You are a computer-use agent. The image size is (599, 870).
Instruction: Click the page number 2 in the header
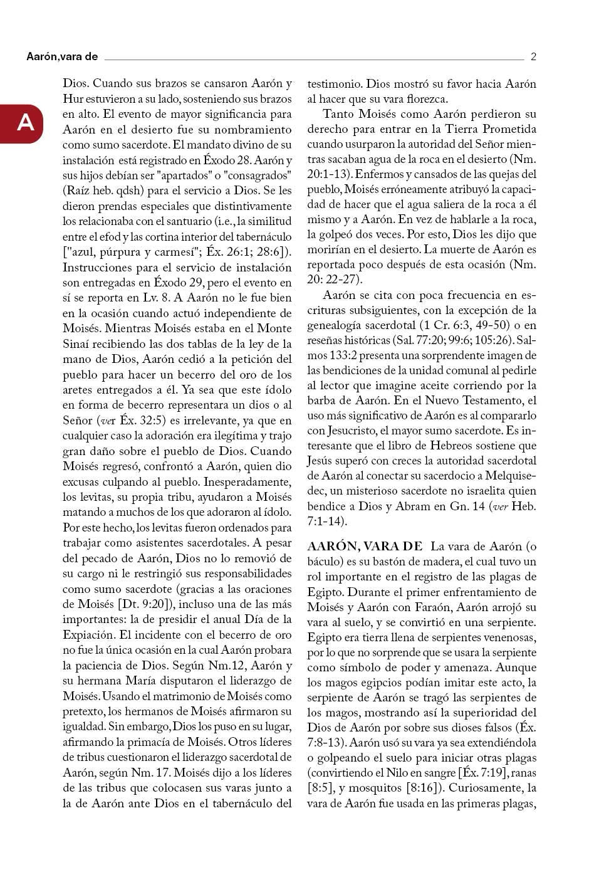click(x=533, y=57)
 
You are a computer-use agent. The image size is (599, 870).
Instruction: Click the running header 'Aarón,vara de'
click(x=62, y=57)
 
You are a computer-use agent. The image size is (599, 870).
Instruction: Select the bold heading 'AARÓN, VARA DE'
click(x=365, y=546)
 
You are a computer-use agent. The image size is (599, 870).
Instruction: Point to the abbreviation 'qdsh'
click(x=145, y=191)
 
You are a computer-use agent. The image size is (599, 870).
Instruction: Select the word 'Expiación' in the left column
click(x=88, y=634)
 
